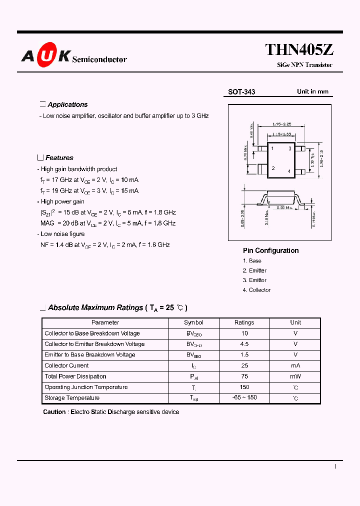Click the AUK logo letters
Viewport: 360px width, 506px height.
pyautogui.click(x=45, y=55)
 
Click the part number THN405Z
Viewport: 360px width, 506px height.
pyautogui.click(x=299, y=49)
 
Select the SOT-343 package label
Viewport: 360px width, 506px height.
pyautogui.click(x=241, y=92)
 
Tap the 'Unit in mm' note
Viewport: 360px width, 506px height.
pyautogui.click(x=312, y=91)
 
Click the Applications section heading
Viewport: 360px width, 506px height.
pyautogui.click(x=67, y=104)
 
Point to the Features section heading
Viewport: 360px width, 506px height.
pyautogui.click(x=59, y=157)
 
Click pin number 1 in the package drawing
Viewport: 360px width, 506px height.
pyautogui.click(x=272, y=149)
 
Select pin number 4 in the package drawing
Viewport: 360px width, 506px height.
pyautogui.click(x=289, y=171)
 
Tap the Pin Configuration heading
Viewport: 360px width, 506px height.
pyautogui.click(x=270, y=250)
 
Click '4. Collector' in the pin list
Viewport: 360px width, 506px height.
pyautogui.click(x=256, y=290)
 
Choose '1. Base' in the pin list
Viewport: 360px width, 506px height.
pyautogui.click(x=252, y=260)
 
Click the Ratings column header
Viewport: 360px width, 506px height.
pyautogui.click(x=244, y=322)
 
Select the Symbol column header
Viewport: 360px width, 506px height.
pyautogui.click(x=193, y=322)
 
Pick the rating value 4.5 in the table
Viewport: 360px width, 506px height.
pyautogui.click(x=244, y=344)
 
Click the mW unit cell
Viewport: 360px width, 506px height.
pyautogui.click(x=295, y=376)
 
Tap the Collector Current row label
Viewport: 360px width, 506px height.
pyautogui.click(x=66, y=365)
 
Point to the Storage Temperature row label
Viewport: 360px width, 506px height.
pyautogui.click(x=72, y=398)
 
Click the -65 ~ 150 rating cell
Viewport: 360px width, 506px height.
pyautogui.click(x=244, y=398)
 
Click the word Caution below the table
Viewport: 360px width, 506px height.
pyautogui.click(x=54, y=412)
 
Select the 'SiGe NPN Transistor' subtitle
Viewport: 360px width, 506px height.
pyautogui.click(x=304, y=65)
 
